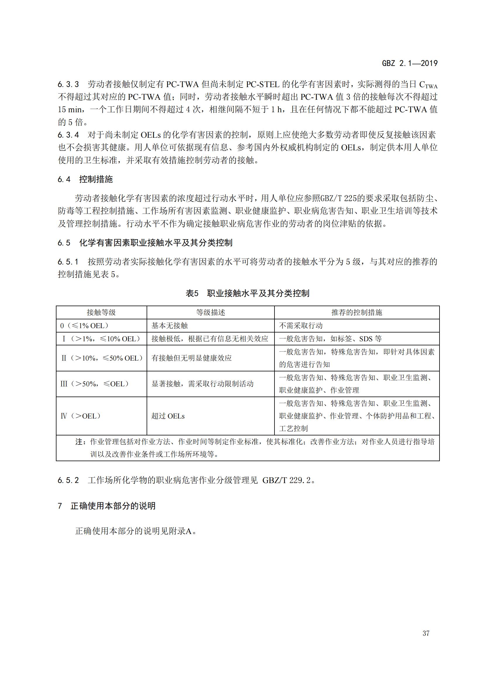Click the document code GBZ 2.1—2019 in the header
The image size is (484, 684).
409,63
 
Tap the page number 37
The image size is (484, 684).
426,633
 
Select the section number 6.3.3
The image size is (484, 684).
68,84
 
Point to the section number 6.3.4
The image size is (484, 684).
68,135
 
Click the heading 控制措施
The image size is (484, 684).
96,179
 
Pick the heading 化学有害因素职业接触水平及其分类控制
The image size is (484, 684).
156,243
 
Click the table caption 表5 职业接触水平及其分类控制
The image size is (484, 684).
247,293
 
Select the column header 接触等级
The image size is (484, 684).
101,312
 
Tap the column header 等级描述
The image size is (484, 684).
210,312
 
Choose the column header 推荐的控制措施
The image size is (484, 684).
356,312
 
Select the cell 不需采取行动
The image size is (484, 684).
301,325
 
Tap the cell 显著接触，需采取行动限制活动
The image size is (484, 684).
202,384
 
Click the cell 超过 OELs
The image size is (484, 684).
168,416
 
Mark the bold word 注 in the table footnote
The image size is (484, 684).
79,442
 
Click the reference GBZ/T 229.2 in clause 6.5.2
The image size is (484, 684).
286,480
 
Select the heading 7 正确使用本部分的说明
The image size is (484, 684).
107,506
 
